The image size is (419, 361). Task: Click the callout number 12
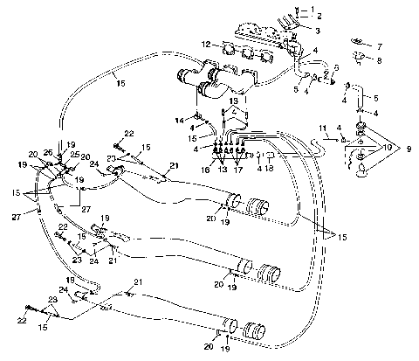click(x=205, y=43)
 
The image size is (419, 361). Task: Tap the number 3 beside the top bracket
click(x=317, y=31)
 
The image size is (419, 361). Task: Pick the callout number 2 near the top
click(x=318, y=17)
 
